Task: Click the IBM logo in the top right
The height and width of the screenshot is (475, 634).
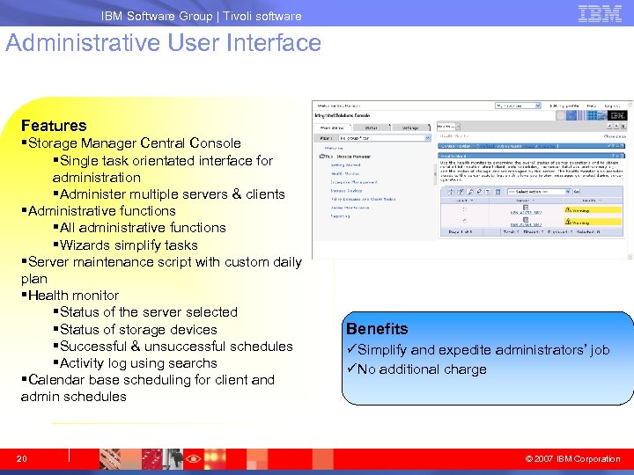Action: pyautogui.click(x=600, y=13)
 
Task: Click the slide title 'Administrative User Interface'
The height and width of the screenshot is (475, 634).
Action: pyautogui.click(x=164, y=43)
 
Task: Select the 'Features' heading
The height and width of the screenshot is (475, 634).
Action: pyautogui.click(x=54, y=126)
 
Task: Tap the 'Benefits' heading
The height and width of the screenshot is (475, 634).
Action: pyautogui.click(x=377, y=329)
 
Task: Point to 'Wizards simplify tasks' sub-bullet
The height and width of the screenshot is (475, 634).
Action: pyautogui.click(x=129, y=245)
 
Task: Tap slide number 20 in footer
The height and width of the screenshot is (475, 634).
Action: pyautogui.click(x=23, y=458)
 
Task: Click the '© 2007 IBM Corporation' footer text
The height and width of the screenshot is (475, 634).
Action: pyautogui.click(x=572, y=458)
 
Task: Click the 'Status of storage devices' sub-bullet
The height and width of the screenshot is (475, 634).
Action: pyautogui.click(x=138, y=330)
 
